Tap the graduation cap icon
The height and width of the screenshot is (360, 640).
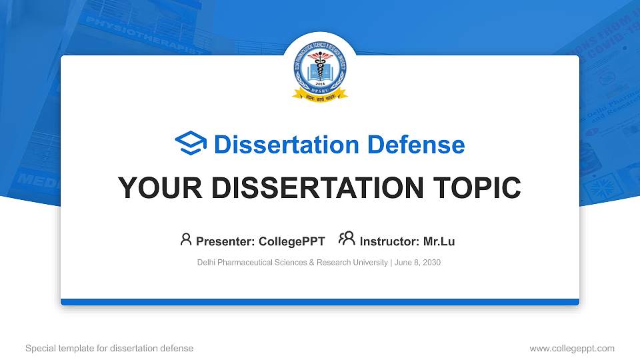191,144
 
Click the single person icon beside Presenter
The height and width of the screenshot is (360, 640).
186,239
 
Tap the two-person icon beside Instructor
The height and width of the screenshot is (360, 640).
347,239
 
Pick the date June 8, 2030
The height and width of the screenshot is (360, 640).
418,263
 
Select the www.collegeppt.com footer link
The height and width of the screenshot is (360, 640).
571,348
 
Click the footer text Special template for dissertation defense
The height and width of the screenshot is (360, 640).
109,348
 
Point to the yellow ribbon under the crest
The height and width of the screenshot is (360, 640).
320,96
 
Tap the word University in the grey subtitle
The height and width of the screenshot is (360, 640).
369,263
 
